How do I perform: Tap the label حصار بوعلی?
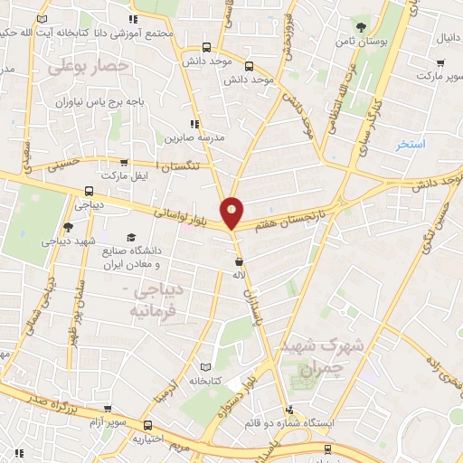click(89, 66)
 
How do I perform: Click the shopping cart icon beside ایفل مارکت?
click(124, 164)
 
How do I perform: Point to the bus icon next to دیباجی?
click(89, 191)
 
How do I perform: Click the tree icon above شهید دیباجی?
click(69, 227)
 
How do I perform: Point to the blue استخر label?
click(413, 144)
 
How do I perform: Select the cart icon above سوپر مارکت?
click(439, 62)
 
